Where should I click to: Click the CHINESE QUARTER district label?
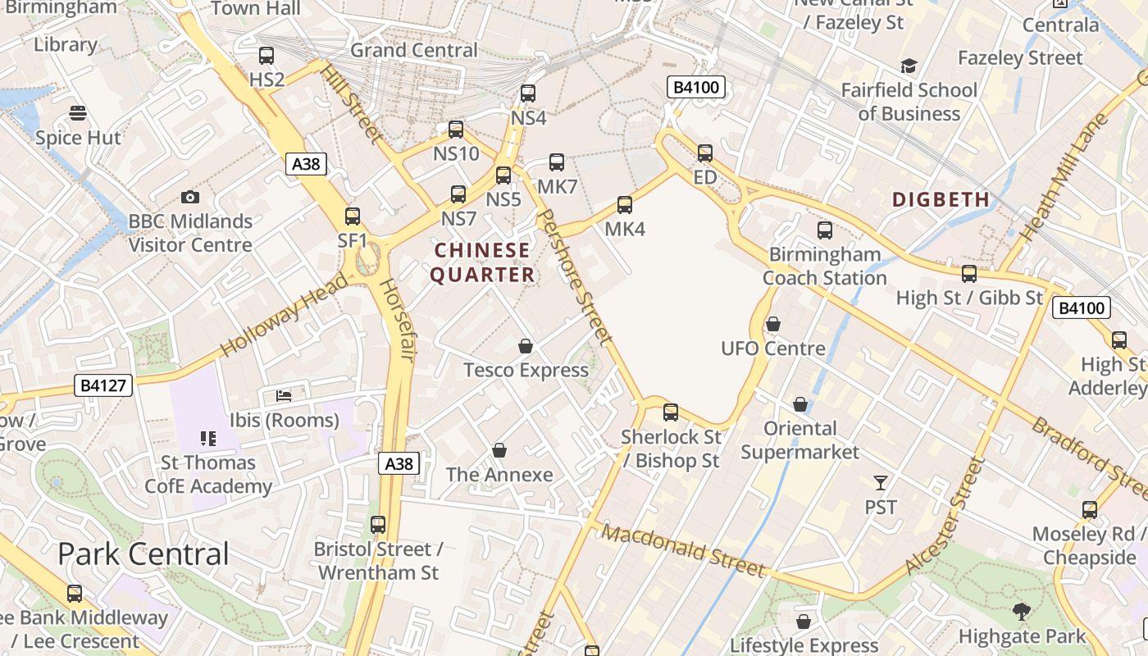tap(483, 262)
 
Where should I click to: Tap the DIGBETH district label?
tap(941, 199)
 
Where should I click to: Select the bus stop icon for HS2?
tap(266, 56)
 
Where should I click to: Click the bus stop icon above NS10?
tap(456, 130)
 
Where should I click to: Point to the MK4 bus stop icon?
tap(625, 205)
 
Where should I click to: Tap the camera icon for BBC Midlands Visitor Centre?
tap(190, 197)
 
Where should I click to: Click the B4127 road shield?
tap(103, 385)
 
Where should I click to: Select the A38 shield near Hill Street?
tap(307, 164)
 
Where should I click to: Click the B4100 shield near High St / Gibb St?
tap(1082, 307)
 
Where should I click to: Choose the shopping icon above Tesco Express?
tap(526, 346)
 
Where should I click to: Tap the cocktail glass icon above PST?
tap(881, 483)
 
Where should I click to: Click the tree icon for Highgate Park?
tap(1022, 611)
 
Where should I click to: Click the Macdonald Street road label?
tap(683, 551)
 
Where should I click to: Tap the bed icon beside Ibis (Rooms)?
tap(284, 396)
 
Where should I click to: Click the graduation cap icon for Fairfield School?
tap(909, 66)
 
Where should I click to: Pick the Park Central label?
tap(143, 554)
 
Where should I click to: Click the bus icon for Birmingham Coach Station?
tap(825, 230)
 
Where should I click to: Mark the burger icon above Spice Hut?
tap(78, 112)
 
